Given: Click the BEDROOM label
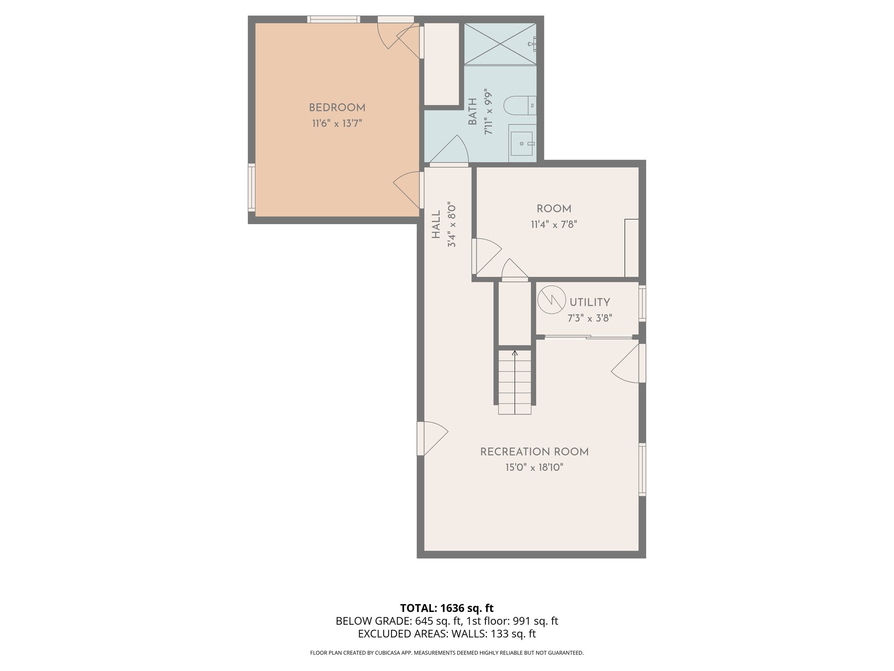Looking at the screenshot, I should click(x=337, y=107).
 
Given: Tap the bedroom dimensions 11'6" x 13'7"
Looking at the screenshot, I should click(x=337, y=124).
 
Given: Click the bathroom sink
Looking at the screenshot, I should click(x=522, y=143).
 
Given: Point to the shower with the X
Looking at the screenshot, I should click(x=500, y=44).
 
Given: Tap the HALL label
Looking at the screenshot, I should click(x=436, y=225).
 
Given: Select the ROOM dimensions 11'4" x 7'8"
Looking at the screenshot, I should click(x=554, y=225).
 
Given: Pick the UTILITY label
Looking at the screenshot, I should click(x=590, y=302).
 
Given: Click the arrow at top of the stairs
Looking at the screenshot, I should click(x=515, y=353).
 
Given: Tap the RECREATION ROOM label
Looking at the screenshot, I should click(x=534, y=452).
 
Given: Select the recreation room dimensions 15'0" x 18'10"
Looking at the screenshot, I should click(x=534, y=468).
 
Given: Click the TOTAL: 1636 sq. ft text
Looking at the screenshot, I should click(x=447, y=608).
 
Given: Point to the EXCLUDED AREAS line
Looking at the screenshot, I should click(x=447, y=634).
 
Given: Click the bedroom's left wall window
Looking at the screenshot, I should click(x=251, y=187).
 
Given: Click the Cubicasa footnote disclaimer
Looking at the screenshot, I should click(x=447, y=653).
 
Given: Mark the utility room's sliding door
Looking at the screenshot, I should click(x=588, y=336).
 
